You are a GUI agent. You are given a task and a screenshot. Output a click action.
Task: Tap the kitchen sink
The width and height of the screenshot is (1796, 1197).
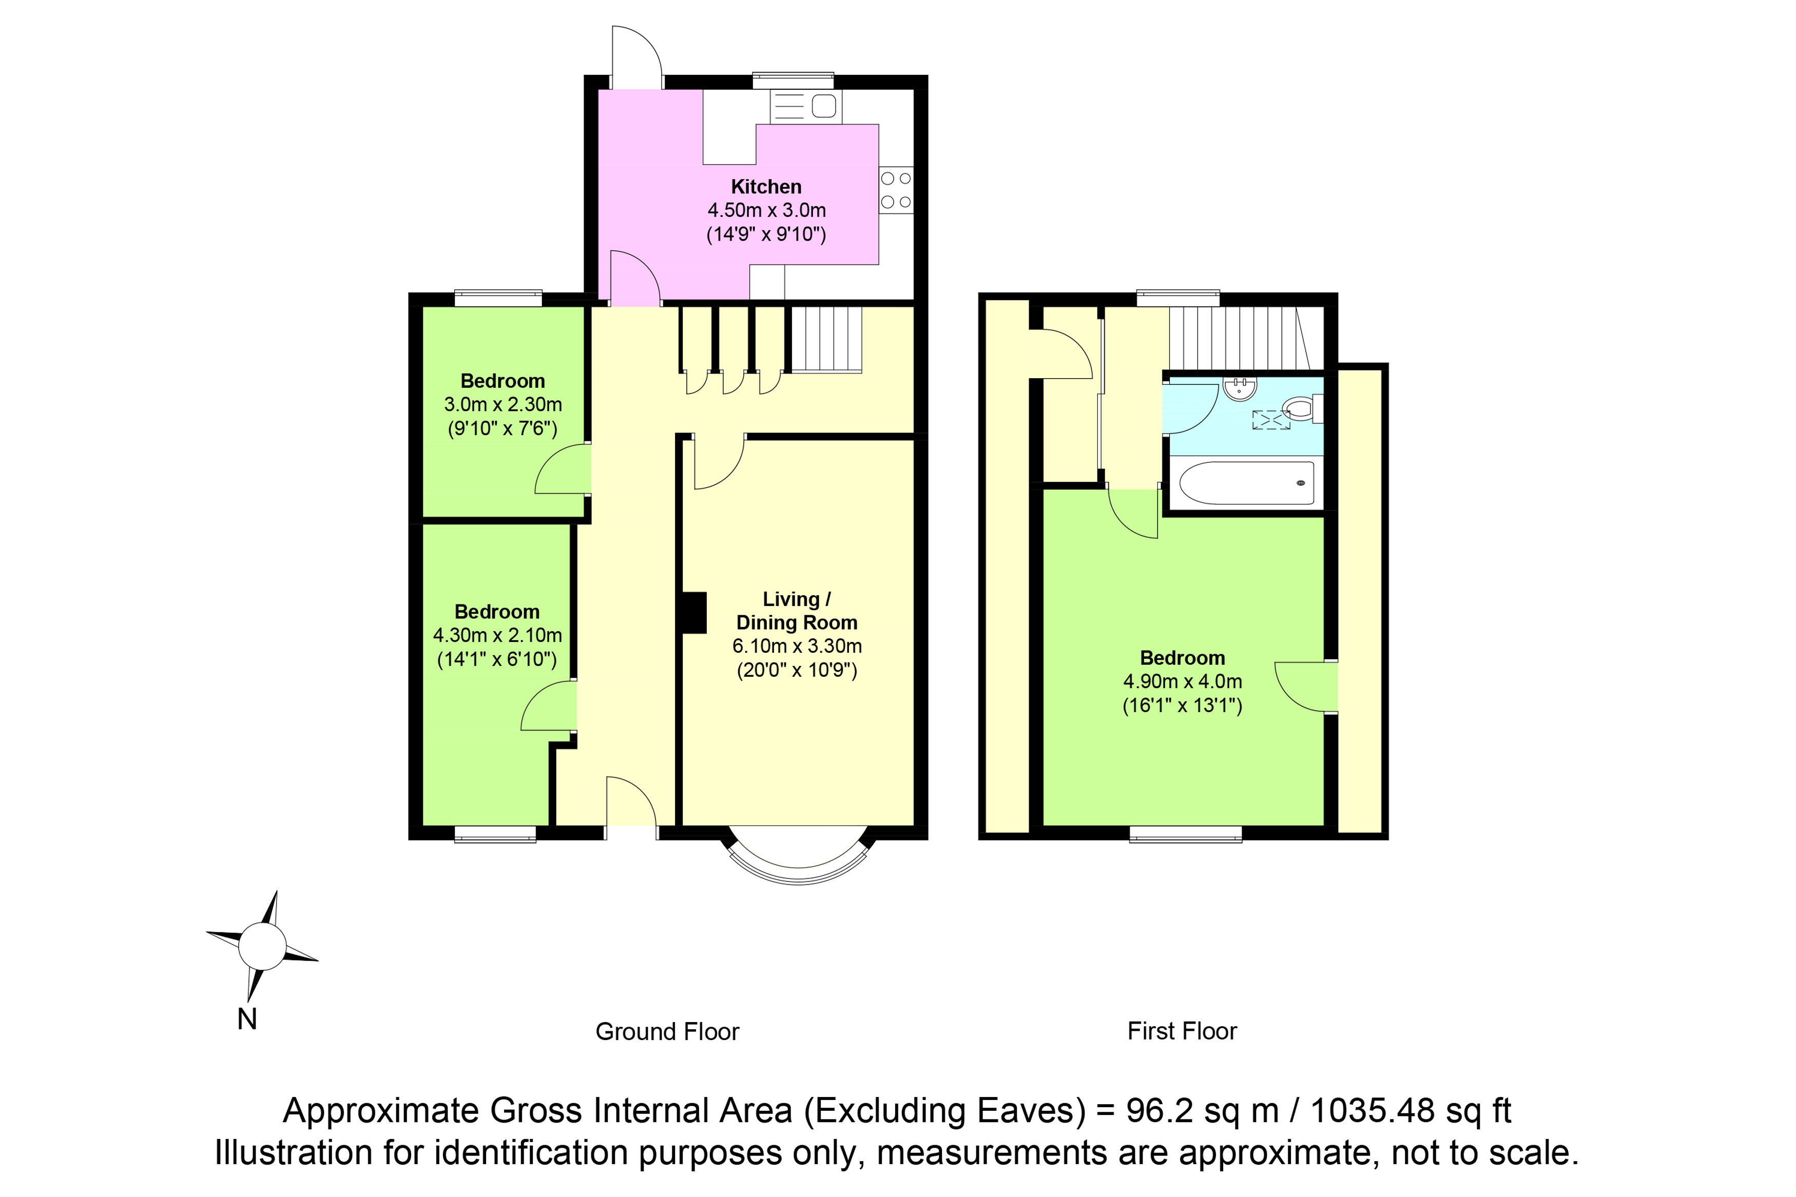805,106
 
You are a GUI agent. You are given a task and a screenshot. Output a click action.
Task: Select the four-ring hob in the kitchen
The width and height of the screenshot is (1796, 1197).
896,190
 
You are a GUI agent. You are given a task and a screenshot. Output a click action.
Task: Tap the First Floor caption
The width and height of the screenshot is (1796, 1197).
1182,1031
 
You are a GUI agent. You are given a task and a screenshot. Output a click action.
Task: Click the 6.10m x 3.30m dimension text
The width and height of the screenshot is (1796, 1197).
797,646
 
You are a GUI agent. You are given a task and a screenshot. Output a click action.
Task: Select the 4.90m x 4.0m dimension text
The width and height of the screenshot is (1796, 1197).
1182,682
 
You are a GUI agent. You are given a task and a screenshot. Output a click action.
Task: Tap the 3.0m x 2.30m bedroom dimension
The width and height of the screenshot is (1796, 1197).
503,405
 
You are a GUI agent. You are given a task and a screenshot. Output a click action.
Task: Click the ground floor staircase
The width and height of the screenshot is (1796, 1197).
826,340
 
